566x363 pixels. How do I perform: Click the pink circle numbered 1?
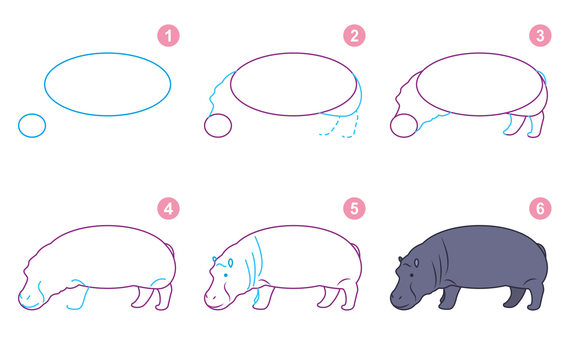coord(168,36)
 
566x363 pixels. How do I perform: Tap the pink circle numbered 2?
coord(354,36)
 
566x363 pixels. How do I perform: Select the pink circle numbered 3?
coord(540,36)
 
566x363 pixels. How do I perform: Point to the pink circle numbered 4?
coord(168,209)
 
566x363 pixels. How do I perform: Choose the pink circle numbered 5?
coord(354,209)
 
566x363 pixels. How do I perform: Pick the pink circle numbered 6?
coord(540,209)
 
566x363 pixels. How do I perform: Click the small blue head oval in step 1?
coord(19,126)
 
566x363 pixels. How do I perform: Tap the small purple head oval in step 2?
coord(205,126)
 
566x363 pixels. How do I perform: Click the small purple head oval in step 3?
coord(391,126)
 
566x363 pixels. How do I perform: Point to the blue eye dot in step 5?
coord(226,275)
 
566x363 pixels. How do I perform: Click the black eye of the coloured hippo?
coord(412,275)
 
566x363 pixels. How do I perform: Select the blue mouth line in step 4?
coord(30,306)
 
